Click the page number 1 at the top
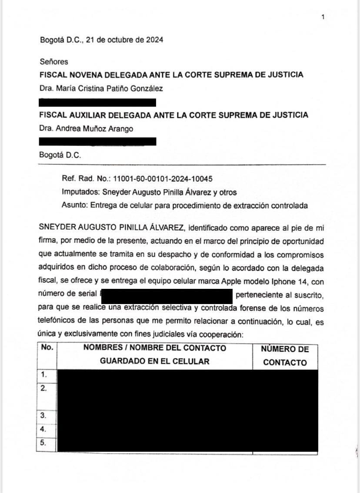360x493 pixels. (x=323, y=17)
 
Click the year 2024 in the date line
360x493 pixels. (x=154, y=40)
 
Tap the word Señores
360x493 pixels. (x=53, y=62)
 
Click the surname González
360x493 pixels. (x=147, y=89)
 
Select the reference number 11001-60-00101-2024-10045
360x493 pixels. (x=163, y=179)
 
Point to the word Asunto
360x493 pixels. (x=74, y=206)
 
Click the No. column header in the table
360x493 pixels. (x=47, y=347)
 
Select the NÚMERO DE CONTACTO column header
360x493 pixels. (x=285, y=356)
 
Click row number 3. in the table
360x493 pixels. (x=43, y=415)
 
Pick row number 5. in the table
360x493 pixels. (x=43, y=443)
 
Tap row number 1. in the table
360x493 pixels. (x=43, y=374)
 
